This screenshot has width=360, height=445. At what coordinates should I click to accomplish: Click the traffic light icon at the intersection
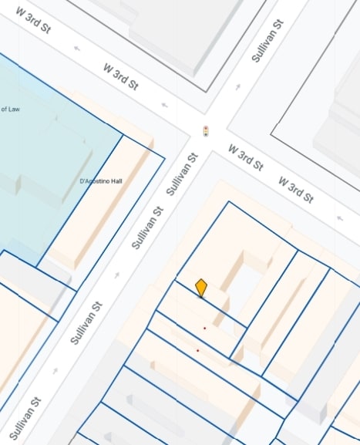(205, 130)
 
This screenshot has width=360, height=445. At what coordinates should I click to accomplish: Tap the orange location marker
(201, 288)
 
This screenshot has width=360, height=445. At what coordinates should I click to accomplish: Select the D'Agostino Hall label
(101, 181)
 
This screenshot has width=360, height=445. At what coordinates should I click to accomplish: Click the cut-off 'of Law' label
(10, 110)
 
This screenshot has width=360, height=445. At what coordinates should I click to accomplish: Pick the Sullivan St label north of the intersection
(267, 41)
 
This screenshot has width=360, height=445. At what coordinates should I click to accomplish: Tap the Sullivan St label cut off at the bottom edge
(25, 417)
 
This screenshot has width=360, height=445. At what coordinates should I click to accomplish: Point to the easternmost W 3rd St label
(295, 189)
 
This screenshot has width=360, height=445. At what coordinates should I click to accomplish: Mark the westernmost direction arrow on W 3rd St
(77, 49)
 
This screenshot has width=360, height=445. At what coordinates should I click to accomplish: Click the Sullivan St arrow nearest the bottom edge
(55, 370)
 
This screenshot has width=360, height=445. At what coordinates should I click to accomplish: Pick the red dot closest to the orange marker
(204, 329)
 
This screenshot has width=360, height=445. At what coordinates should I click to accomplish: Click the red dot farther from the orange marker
(197, 351)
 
